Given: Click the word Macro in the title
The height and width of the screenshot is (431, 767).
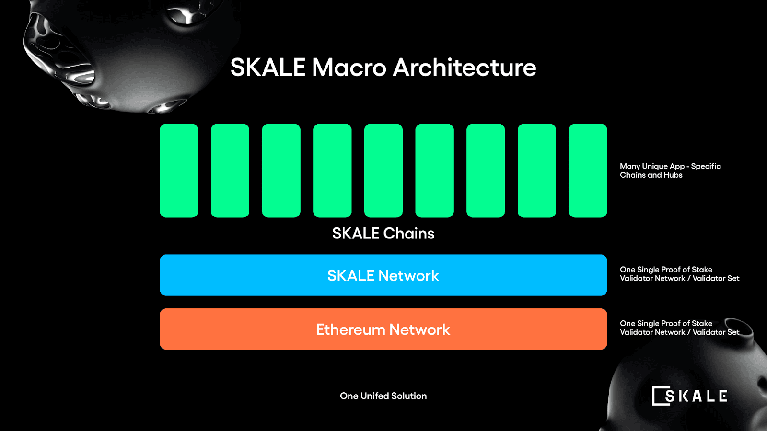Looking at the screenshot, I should (349, 68).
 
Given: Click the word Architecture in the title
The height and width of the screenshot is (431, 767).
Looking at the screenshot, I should (465, 68).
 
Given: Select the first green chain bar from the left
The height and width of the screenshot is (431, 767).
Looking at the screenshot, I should (179, 170).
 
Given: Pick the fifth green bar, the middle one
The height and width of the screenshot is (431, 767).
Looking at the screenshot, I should (383, 170).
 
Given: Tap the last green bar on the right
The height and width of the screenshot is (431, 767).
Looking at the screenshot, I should (588, 170).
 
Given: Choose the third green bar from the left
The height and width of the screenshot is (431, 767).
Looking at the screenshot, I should (281, 170).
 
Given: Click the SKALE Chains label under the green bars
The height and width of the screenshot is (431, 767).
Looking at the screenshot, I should (383, 234).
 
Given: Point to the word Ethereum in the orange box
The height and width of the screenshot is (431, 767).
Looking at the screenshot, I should (350, 330).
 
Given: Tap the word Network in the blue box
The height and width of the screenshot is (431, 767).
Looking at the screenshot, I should (408, 276).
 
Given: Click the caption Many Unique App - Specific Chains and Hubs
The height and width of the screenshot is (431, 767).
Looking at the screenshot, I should (670, 170).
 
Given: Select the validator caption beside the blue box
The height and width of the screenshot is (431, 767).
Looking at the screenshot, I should (679, 274).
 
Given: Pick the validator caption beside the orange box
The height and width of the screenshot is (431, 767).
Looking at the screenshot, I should (679, 328).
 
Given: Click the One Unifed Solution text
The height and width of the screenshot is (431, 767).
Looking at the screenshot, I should (383, 396).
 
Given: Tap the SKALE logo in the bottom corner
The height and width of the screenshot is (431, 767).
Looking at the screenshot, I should (689, 396).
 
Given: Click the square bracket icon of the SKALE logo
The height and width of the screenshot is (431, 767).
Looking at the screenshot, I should (658, 396).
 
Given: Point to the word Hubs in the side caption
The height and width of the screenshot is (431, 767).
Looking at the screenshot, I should (673, 175).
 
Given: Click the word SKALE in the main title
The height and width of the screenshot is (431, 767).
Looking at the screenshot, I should (268, 68).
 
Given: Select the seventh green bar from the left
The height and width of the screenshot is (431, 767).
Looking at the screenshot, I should (486, 170).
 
